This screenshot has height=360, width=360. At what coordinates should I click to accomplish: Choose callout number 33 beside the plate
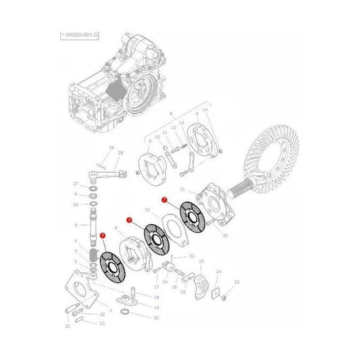pos(147,211)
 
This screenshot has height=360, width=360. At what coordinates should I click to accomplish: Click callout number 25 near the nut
pos(237,282)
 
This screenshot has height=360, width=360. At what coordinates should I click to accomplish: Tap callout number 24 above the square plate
pos(218,272)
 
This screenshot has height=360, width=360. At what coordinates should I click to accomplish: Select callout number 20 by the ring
pos(156,317)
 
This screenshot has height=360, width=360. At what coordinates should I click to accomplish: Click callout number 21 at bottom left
pos(67,326)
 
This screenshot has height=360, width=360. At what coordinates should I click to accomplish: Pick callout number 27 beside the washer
pos(76,183)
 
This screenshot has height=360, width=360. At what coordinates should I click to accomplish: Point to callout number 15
pos(201,261)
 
